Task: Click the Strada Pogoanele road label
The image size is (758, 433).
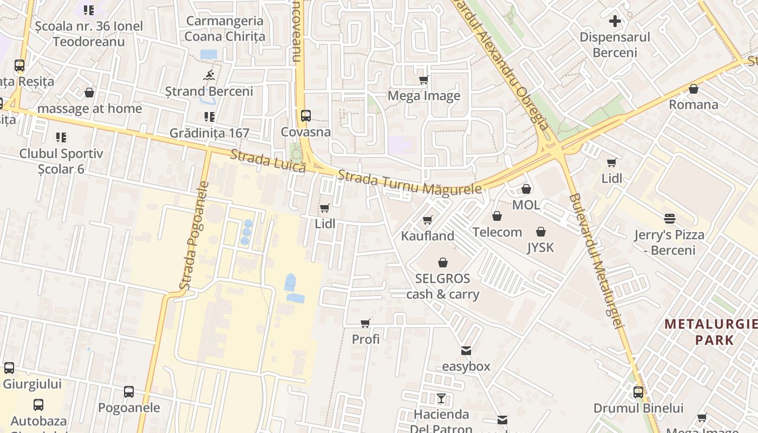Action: point(194,235)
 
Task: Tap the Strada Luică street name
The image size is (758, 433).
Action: point(268,161)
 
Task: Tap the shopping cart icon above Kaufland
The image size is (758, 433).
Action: point(427,220)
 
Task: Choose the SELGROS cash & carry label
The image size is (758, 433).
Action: point(442,287)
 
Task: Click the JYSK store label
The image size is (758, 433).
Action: point(540,247)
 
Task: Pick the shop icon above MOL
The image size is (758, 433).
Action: point(526,189)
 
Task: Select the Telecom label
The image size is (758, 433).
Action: point(497,232)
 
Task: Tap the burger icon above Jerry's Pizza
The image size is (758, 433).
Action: point(670,219)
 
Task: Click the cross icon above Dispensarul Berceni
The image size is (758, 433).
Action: point(615,22)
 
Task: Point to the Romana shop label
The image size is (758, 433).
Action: point(693,104)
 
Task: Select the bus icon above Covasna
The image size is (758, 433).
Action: point(305,115)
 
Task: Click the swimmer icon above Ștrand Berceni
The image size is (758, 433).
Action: point(209,75)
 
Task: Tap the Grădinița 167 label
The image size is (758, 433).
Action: point(209,133)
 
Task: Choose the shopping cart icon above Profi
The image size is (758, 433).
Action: point(365,323)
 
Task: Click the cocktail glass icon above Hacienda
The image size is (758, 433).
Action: point(441,398)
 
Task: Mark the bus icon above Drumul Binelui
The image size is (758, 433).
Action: point(638,392)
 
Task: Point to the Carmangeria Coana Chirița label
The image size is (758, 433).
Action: point(225,29)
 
